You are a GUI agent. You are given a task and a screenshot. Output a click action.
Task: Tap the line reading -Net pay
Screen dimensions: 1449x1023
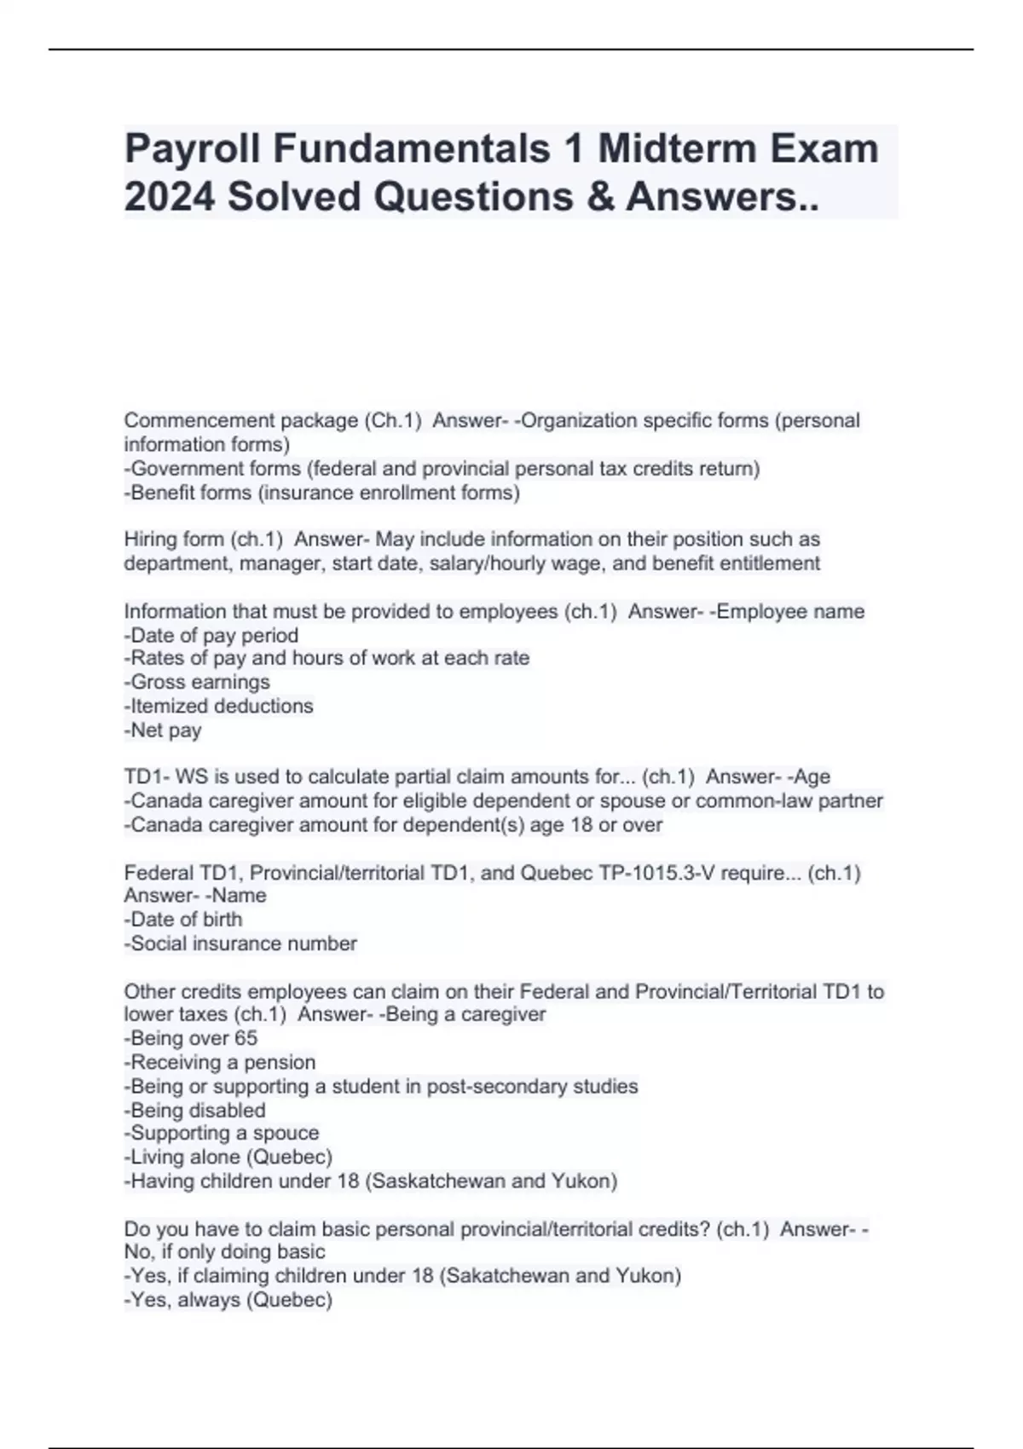[x=163, y=730]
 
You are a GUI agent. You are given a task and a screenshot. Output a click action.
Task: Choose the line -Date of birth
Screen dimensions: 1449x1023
[x=183, y=919]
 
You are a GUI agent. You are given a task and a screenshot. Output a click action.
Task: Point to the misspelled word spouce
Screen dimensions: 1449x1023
[x=286, y=1133]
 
